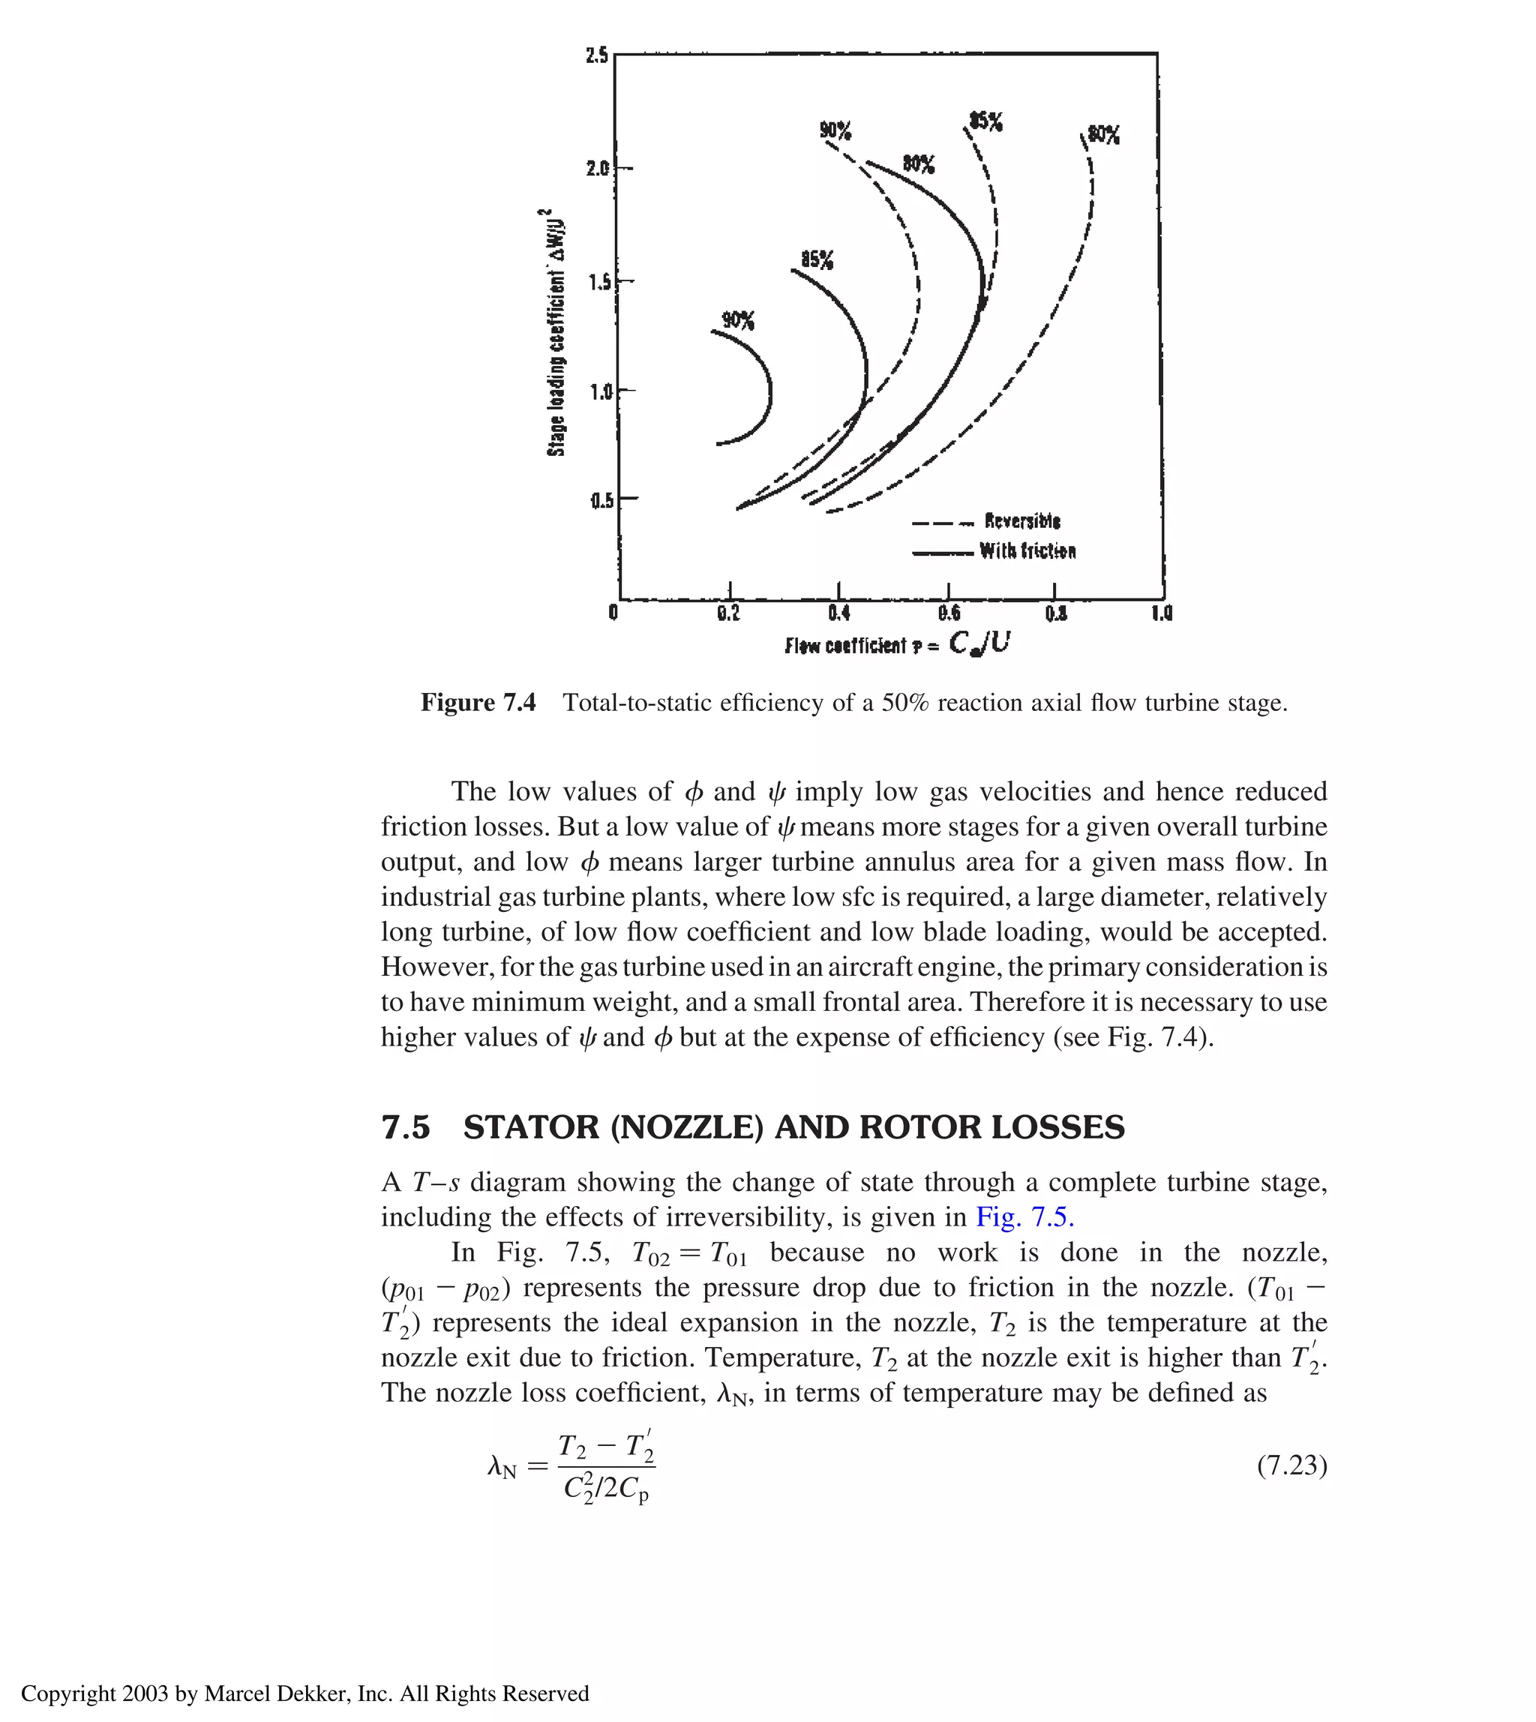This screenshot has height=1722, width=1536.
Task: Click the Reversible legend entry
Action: (1021, 520)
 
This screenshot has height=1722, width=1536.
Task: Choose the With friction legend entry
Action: (1027, 551)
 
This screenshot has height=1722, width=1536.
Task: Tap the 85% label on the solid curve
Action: (816, 259)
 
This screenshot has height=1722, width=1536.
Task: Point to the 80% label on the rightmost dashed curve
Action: (1104, 135)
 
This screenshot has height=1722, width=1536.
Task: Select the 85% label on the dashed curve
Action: (985, 121)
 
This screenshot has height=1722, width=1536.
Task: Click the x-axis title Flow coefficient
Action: (897, 644)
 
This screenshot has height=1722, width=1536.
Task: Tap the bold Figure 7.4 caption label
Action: (478, 702)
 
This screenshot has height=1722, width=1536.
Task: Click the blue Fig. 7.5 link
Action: (1024, 1216)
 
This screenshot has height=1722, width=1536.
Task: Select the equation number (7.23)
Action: (1291, 1465)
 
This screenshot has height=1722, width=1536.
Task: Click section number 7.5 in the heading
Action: (406, 1127)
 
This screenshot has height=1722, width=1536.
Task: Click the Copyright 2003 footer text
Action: (304, 1693)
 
